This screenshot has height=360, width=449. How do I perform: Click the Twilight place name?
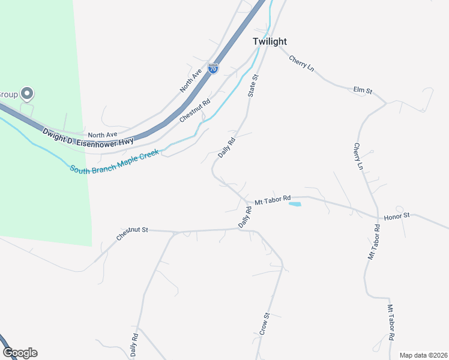coord(270,41)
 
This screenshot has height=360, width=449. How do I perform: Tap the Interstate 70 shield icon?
coord(213,68)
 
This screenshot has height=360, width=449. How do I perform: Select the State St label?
coord(253,86)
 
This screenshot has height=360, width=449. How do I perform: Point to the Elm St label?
coord(363,90)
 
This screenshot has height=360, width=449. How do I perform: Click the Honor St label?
coord(396,215)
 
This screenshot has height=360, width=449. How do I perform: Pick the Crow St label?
coord(265,323)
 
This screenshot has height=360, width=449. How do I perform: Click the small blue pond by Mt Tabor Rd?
coord(295,204)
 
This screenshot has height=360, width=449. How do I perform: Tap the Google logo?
coord(20,353)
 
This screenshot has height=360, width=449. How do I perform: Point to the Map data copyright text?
coord(423,355)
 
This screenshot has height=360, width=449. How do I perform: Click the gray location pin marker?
coord(26,94)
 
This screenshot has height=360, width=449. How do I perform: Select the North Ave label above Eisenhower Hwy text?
coord(102,135)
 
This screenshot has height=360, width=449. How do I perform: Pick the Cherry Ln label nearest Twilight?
coord(301,64)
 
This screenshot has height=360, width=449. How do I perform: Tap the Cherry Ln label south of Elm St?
coord(358,156)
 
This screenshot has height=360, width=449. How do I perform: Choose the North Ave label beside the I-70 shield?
coord(190,81)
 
